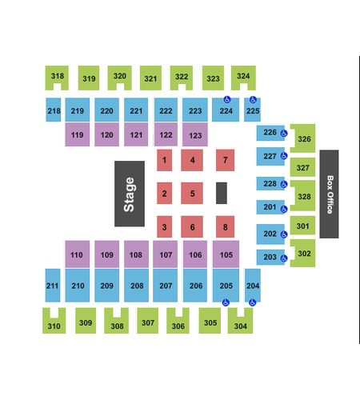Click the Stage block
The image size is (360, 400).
click(130, 194)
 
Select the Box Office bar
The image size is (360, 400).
click(329, 194)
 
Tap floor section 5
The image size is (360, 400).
click(192, 193)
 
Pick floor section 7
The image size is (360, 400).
click(226, 160)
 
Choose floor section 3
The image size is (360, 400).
click(164, 226)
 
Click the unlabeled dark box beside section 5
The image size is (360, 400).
click(222, 193)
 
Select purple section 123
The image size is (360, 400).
click(195, 134)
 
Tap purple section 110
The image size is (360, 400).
click(78, 254)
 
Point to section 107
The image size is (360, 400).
click(166, 254)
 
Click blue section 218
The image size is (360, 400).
click(54, 110)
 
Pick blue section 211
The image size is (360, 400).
click(53, 286)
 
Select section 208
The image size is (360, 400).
click(136, 286)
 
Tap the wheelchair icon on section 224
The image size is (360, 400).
click(227, 99)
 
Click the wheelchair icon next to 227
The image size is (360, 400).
click(284, 156)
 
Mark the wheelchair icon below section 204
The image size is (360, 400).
click(252, 302)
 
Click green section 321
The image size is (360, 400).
click(150, 78)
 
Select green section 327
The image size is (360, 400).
click(302, 167)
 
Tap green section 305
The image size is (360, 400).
click(210, 321)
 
